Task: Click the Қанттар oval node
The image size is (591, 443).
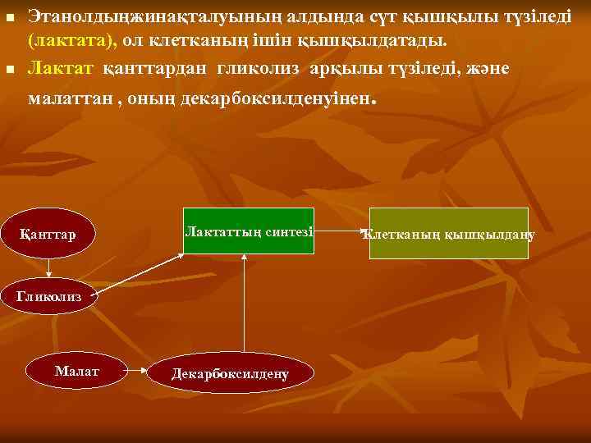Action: click(49, 235)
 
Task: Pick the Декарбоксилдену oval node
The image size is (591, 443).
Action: click(231, 373)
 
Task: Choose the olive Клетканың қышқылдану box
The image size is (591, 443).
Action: click(448, 234)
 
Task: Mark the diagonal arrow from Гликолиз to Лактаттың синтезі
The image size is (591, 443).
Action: click(135, 270)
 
